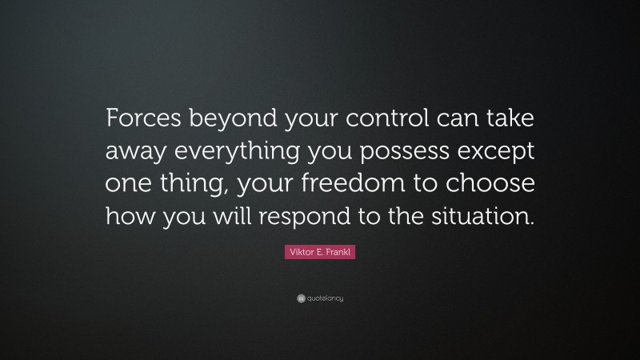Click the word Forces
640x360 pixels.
point(142,121)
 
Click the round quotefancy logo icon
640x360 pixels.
point(299,298)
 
